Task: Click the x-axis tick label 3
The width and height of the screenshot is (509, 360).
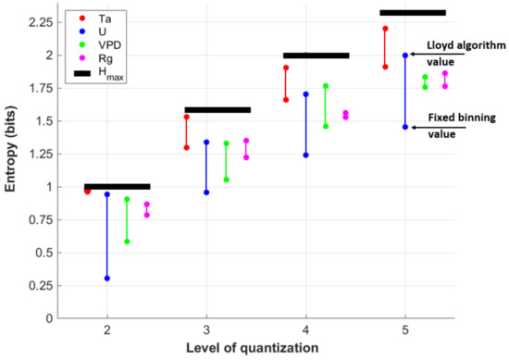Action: coord(206,330)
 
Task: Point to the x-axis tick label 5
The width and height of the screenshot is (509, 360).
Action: coord(404,330)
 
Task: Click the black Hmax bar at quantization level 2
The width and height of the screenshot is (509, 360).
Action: coord(117,186)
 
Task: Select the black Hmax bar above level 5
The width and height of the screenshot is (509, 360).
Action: coord(413,12)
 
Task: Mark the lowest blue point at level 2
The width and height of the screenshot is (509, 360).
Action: coord(107,278)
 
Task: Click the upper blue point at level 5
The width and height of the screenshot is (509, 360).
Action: coord(405,56)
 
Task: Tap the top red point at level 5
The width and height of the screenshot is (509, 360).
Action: coord(385,29)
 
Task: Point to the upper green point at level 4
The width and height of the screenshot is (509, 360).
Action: coord(326,86)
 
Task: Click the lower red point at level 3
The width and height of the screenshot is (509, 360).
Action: coord(187,147)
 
